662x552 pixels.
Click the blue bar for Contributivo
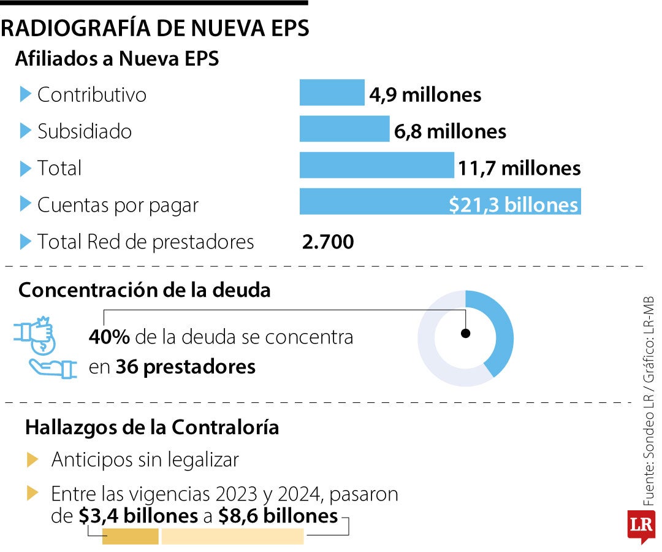click(332, 93)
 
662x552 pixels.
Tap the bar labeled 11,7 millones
click(376, 166)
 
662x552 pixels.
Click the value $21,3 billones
click(513, 205)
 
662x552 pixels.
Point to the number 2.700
click(328, 242)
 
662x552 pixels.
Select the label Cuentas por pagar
click(118, 205)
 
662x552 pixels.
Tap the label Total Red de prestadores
click(145, 242)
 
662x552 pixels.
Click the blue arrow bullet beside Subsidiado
click(25, 131)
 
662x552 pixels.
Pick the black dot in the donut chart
click(465, 334)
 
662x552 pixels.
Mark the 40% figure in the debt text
click(108, 337)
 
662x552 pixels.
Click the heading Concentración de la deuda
click(144, 290)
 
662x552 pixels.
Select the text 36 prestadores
click(185, 367)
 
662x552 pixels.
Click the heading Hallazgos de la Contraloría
click(152, 427)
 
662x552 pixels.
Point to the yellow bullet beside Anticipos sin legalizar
click(33, 459)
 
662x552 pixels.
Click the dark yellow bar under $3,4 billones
click(130, 537)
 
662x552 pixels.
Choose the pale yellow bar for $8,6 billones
click(232, 537)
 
